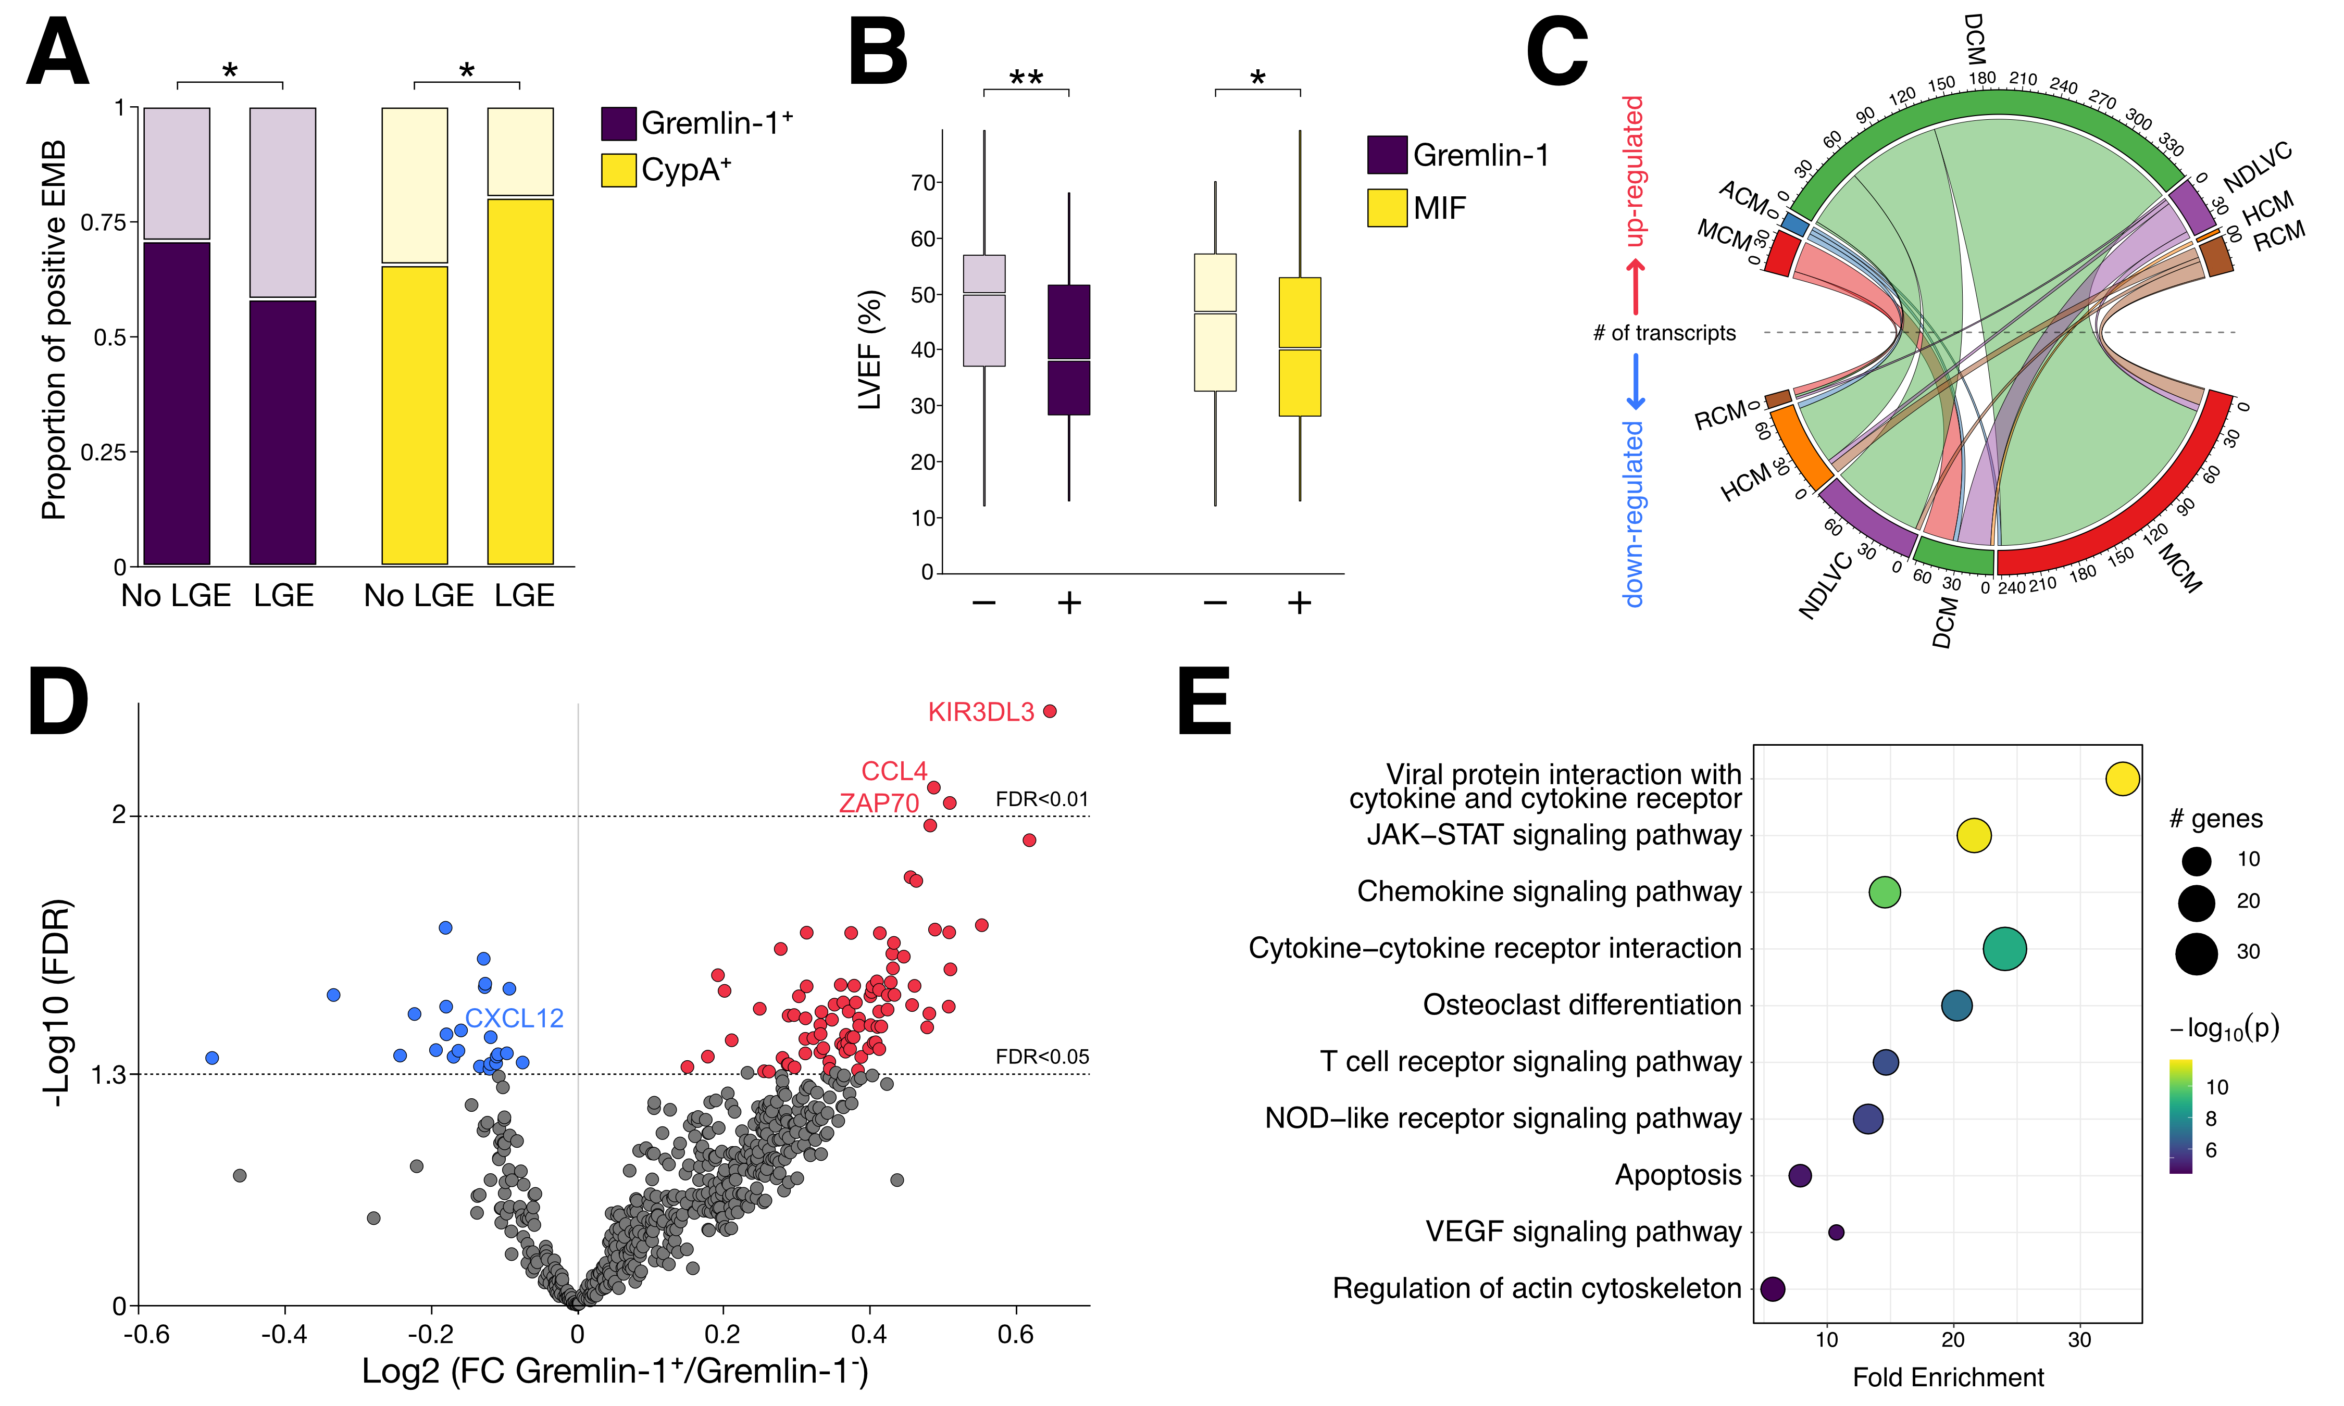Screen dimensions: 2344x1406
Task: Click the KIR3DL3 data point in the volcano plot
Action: pyautogui.click(x=1049, y=711)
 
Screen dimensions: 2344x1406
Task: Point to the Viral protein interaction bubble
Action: pyautogui.click(x=2122, y=779)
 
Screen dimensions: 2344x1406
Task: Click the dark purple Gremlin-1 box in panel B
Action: pyautogui.click(x=1069, y=349)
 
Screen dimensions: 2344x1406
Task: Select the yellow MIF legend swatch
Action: pyautogui.click(x=1387, y=207)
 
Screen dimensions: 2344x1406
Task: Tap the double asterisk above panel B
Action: pyautogui.click(x=1026, y=78)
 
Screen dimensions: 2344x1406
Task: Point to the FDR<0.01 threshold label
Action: pyautogui.click(x=1042, y=800)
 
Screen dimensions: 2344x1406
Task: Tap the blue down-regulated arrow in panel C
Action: pyautogui.click(x=1635, y=382)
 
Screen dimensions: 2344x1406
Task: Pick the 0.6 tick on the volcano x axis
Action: pyautogui.click(x=1016, y=1335)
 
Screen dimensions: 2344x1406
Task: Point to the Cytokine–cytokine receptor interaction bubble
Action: pyautogui.click(x=2005, y=948)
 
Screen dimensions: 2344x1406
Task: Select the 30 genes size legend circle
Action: pyautogui.click(x=2196, y=953)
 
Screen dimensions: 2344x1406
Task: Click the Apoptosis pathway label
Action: pyautogui.click(x=1678, y=1176)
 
